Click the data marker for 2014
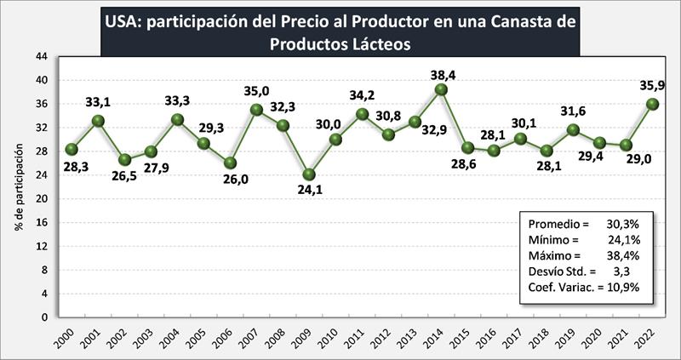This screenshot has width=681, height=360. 441,89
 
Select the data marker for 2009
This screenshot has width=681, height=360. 309,174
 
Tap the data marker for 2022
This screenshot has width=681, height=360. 652,104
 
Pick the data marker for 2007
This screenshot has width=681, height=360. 256,110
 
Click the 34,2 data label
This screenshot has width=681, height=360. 361,94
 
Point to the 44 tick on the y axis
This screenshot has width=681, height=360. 41,56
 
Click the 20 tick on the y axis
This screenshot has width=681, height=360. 41,199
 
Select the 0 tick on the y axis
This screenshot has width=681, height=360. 43,317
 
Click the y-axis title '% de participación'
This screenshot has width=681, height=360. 18,186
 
